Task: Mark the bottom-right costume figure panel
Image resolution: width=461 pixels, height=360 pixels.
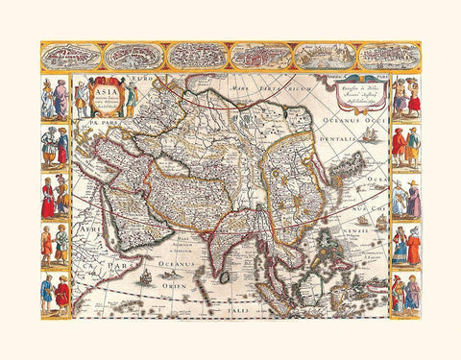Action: (406, 293)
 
